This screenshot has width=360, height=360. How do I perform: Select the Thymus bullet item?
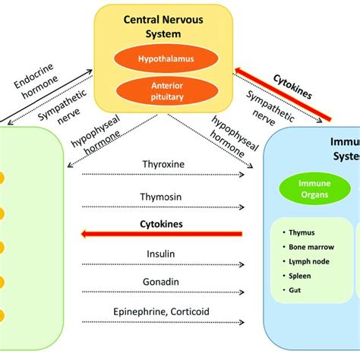pos(299,232)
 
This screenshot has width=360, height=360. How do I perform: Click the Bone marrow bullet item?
pos(308,247)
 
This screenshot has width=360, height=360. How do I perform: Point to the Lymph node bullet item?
pos(307,261)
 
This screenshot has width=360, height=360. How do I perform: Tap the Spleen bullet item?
pos(298,276)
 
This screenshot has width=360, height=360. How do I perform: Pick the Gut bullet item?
pos(294,290)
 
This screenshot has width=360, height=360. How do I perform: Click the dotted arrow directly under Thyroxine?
pos(163,176)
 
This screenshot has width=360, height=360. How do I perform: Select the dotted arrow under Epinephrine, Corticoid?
pos(163,324)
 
